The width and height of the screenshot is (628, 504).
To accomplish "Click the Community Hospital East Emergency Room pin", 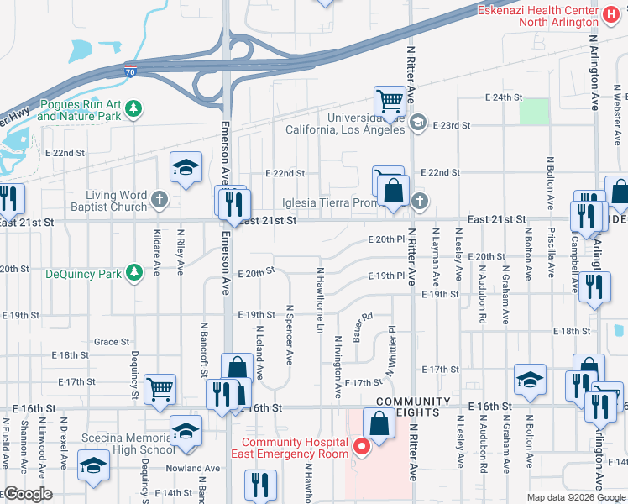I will tap(362, 447).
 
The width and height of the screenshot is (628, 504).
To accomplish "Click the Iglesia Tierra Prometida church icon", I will tap(419, 201).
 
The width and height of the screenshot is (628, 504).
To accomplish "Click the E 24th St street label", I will tap(504, 97).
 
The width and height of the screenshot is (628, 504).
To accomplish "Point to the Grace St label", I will tap(112, 342).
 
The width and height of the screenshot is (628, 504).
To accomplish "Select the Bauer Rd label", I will tap(362, 321).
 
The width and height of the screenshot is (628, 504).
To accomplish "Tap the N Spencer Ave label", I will tap(290, 334).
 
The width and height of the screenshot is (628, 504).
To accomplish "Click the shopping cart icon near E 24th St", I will tap(390, 102).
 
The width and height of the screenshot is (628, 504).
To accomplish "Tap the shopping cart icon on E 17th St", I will tap(160, 389).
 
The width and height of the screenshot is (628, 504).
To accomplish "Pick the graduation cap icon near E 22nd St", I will tap(186, 166).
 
